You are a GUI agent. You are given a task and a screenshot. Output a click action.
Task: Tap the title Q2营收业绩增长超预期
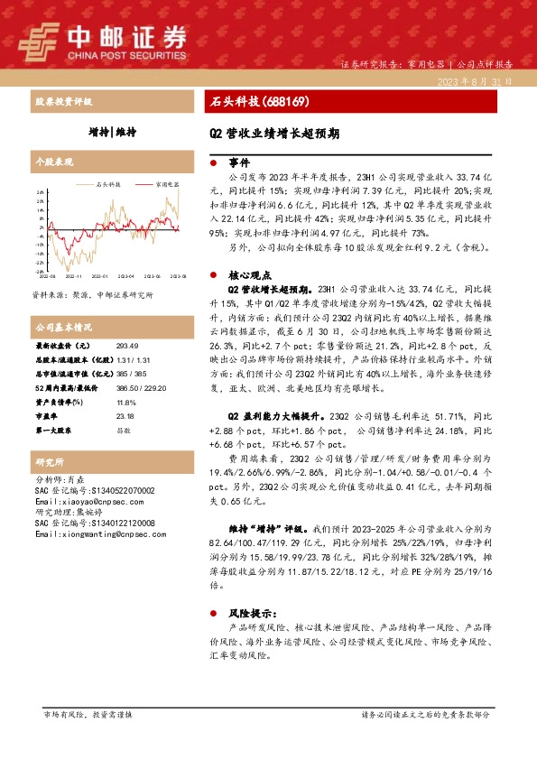[x=274, y=132]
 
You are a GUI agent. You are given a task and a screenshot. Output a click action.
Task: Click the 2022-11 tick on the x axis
[x=73, y=276]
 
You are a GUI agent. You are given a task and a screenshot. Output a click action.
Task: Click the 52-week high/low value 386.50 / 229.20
[x=139, y=388]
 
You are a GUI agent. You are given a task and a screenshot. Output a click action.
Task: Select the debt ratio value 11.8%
[x=127, y=403]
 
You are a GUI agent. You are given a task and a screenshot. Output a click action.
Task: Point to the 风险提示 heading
[x=248, y=611]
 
